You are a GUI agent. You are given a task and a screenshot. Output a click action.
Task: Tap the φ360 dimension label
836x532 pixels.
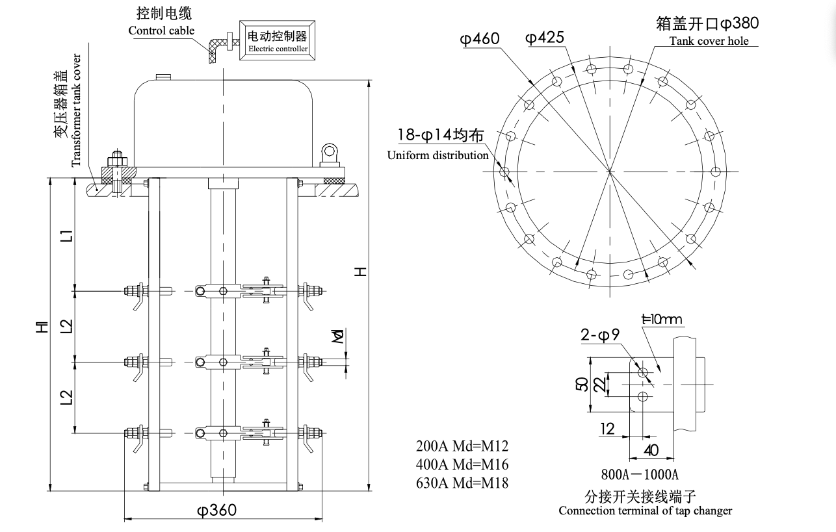click(216, 510)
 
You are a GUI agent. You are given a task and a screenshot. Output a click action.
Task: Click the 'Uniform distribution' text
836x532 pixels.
click(438, 155)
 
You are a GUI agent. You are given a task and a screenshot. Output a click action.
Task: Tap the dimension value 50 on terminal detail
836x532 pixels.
click(582, 384)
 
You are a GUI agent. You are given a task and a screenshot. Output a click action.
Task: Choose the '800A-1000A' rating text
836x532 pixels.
click(640, 474)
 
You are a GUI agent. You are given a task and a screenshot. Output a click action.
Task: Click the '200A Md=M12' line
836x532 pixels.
click(462, 446)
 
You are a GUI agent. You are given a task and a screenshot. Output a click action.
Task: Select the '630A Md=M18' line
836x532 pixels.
click(462, 483)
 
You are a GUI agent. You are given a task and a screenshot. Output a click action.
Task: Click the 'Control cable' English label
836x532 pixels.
click(161, 31)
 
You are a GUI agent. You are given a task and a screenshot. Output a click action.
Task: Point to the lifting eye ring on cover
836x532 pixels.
click(331, 153)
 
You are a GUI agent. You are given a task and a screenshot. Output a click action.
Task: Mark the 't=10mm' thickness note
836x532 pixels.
click(662, 319)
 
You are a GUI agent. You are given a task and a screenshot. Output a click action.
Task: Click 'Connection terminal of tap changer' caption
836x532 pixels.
click(645, 511)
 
